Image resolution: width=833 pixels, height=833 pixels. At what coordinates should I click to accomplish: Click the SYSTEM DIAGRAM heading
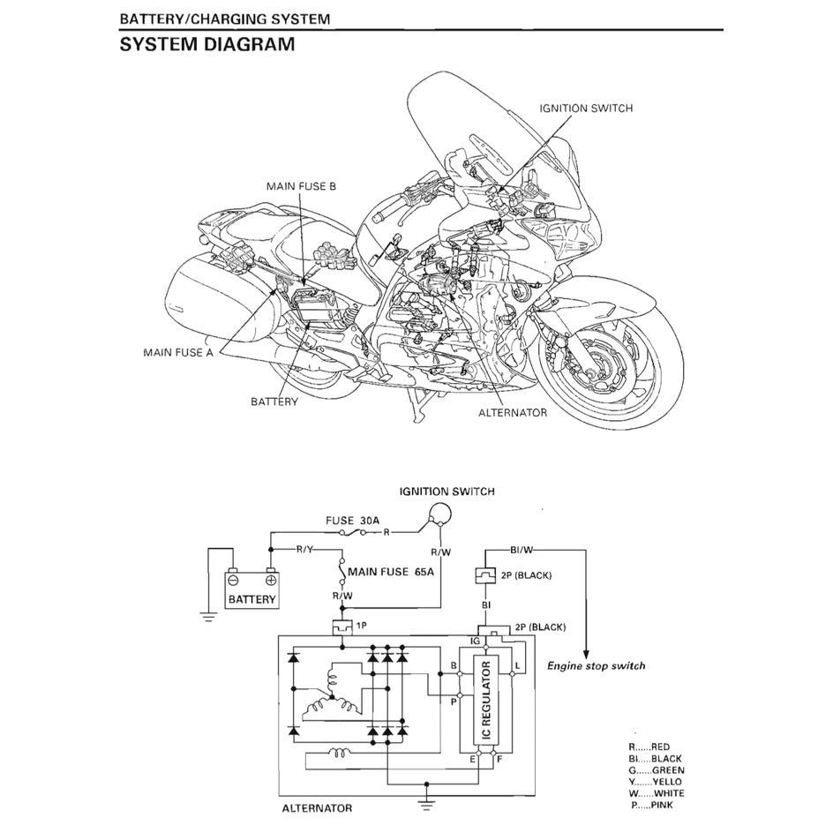coord(207,44)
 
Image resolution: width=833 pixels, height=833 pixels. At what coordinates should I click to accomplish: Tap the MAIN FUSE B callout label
coord(301,186)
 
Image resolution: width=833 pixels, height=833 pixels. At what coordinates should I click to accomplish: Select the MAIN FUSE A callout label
coord(178,352)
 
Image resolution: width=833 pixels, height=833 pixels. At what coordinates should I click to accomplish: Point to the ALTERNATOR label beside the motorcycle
coord(513,412)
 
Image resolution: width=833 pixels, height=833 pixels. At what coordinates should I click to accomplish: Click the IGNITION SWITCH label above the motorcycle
coord(586,108)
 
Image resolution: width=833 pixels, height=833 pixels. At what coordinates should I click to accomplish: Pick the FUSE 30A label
coord(352,521)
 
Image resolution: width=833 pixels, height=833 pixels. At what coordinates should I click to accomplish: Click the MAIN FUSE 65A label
coord(391,571)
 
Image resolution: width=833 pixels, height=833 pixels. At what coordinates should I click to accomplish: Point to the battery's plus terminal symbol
coord(270,581)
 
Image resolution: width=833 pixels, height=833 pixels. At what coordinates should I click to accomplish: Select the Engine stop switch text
coord(597,665)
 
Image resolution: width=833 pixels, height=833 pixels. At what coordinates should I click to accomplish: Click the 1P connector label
coord(362,625)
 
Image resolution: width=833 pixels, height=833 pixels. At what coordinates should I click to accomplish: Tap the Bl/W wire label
coord(522,550)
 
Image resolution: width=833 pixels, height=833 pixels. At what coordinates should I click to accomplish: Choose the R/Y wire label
coord(304,550)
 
